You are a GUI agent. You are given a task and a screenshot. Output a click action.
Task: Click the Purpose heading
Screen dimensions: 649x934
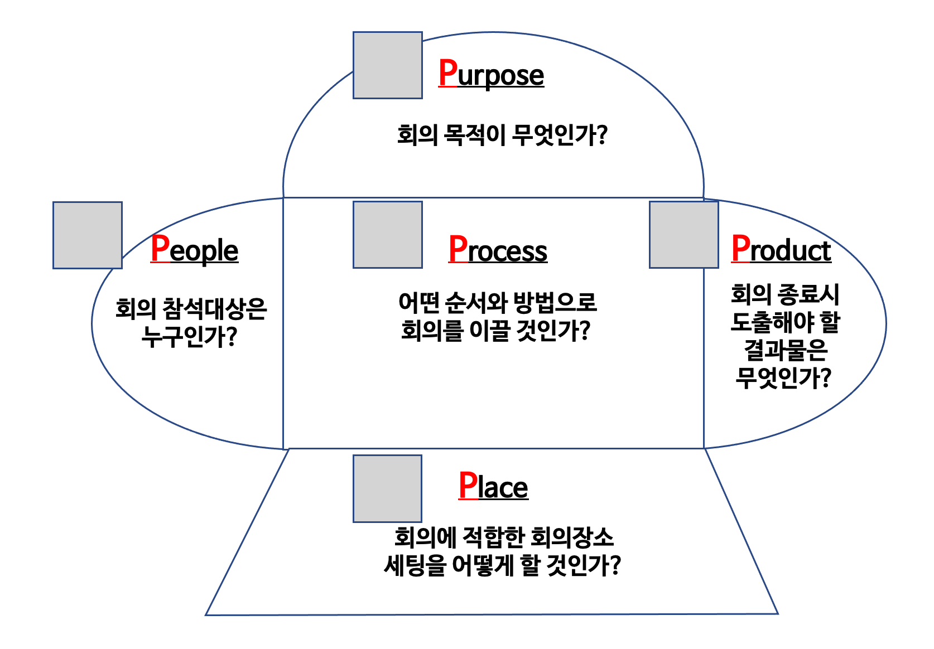[491, 75]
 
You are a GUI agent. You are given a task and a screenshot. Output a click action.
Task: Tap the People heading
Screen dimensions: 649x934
[194, 250]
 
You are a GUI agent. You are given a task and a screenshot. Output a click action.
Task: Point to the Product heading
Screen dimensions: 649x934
[781, 250]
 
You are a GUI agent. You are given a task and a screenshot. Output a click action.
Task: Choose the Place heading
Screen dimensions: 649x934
[493, 487]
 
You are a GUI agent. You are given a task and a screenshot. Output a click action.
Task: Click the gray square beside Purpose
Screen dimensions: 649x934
[388, 65]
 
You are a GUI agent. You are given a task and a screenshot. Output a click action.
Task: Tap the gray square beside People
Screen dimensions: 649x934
[88, 235]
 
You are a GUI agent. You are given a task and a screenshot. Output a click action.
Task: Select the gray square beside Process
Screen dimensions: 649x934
[388, 235]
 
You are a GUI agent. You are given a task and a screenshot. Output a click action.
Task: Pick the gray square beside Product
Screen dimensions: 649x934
[684, 235]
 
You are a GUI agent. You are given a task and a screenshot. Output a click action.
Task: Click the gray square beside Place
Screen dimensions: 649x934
[388, 488]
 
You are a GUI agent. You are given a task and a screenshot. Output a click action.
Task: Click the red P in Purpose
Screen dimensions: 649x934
[447, 73]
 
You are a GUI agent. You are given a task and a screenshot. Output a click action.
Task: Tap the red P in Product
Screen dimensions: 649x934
[740, 249]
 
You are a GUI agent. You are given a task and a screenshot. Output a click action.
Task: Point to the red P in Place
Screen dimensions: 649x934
[468, 486]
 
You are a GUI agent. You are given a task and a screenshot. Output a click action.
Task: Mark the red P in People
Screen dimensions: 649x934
[160, 249]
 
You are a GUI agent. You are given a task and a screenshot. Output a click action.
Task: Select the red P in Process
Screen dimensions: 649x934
[458, 249]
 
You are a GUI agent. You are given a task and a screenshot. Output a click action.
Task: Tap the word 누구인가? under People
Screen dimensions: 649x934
[190, 337]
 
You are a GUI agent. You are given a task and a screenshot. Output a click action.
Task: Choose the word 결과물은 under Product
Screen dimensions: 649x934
[785, 350]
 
